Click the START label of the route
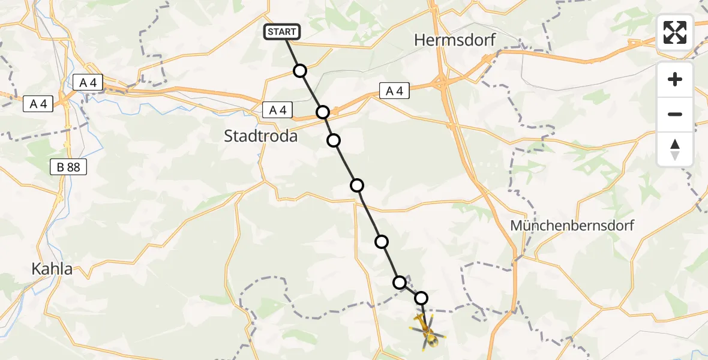pyautogui.click(x=281, y=32)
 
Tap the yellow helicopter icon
pyautogui.click(x=427, y=331)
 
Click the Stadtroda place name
pyautogui.click(x=260, y=136)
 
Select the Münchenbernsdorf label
pyautogui.click(x=572, y=226)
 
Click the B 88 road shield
pyautogui.click(x=68, y=167)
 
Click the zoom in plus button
pyautogui.click(x=675, y=79)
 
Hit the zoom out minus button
pyautogui.click(x=675, y=114)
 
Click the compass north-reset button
pyautogui.click(x=675, y=149)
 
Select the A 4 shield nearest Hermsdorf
pyautogui.click(x=394, y=91)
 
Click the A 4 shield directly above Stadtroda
pyautogui.click(x=277, y=110)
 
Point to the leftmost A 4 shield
pyautogui.click(x=38, y=104)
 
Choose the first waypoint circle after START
pyautogui.click(x=300, y=71)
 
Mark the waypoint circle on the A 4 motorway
pyautogui.click(x=323, y=112)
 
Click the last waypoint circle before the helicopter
pyautogui.click(x=421, y=298)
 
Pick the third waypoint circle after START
pyautogui.click(x=334, y=140)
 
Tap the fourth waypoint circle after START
pyautogui.click(x=357, y=185)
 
